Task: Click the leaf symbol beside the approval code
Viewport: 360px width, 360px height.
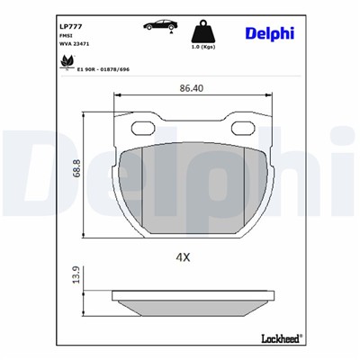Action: click(x=66, y=62)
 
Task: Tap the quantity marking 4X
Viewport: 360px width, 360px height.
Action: click(x=183, y=256)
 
